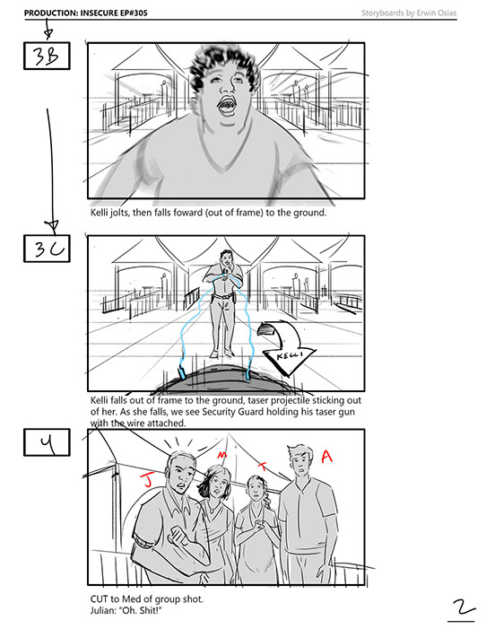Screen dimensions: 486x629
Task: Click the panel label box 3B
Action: (x=47, y=56)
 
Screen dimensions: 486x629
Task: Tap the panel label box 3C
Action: (x=47, y=249)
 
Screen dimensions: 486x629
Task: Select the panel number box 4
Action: (x=47, y=442)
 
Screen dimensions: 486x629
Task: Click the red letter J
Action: (x=147, y=480)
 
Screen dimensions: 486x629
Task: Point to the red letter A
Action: (x=327, y=456)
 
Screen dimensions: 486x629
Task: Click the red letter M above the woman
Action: (x=221, y=455)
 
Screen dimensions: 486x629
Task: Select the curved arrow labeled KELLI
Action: (x=285, y=345)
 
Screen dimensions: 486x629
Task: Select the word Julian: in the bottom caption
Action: (x=102, y=610)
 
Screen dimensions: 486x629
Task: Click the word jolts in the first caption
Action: (x=120, y=213)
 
